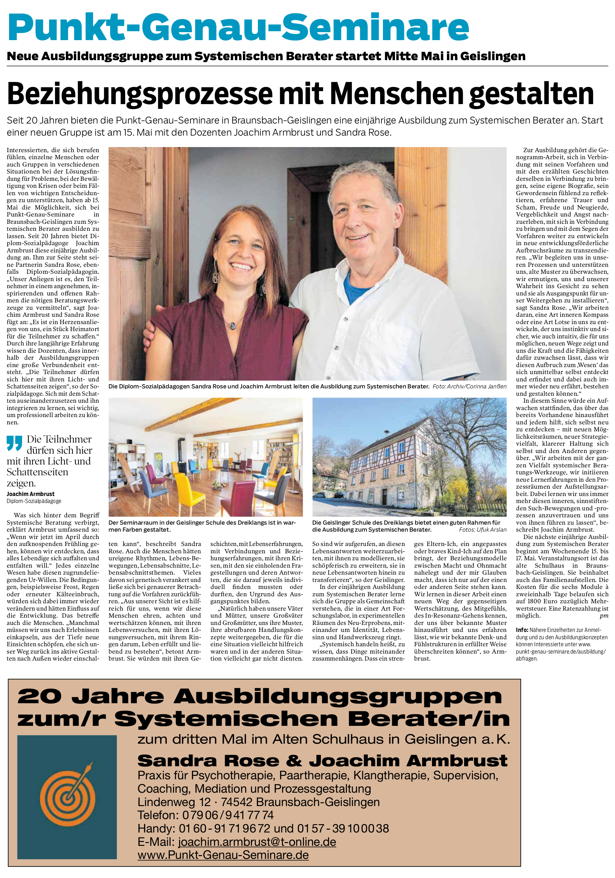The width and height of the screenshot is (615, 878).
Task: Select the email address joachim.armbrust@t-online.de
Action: [257, 841]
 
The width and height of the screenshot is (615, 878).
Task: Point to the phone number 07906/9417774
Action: [228, 815]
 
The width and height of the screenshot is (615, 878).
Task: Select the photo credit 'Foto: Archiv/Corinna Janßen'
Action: [469, 386]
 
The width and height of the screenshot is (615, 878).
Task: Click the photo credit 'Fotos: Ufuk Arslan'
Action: [483, 530]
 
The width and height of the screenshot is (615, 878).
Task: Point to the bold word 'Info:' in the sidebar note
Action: [522, 630]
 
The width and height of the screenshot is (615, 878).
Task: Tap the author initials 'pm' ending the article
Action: [604, 616]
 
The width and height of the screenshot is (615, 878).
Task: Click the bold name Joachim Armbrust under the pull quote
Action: [31, 494]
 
